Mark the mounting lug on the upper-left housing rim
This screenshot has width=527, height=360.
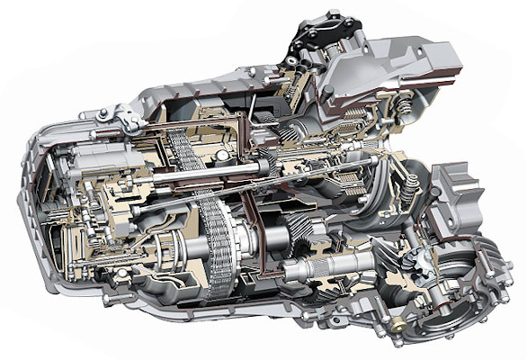(x=122, y=115)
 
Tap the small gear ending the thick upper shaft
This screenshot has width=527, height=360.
(x=269, y=163)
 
